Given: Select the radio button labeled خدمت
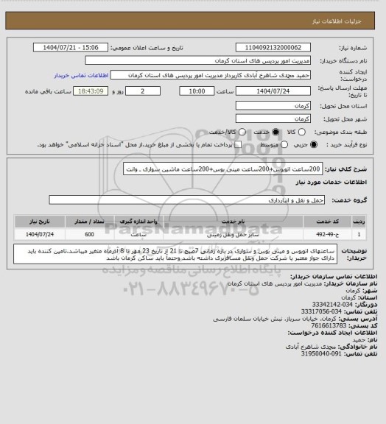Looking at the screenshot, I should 276,132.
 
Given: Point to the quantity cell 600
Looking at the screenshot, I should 89,234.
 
